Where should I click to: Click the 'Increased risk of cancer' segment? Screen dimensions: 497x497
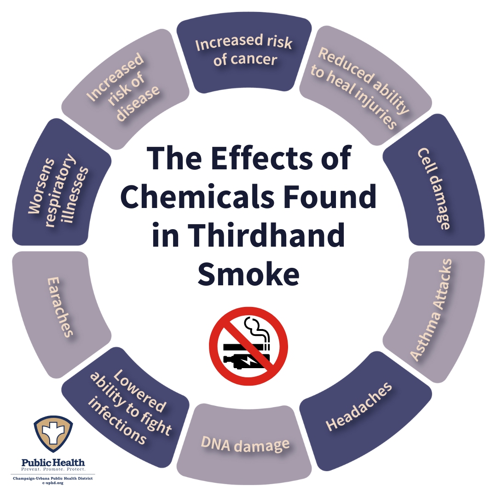click(x=244, y=56)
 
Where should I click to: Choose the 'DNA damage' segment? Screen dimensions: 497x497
click(x=244, y=444)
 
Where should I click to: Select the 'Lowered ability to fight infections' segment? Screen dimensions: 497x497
click(x=127, y=409)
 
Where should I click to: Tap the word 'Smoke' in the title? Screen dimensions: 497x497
click(x=249, y=273)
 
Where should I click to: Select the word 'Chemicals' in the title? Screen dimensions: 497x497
click(x=197, y=196)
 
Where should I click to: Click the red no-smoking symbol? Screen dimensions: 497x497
click(x=248, y=346)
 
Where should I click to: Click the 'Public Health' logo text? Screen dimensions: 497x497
click(x=53, y=462)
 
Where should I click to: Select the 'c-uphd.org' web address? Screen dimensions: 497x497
click(x=53, y=483)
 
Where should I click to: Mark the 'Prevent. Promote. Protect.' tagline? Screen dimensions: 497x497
click(x=53, y=469)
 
